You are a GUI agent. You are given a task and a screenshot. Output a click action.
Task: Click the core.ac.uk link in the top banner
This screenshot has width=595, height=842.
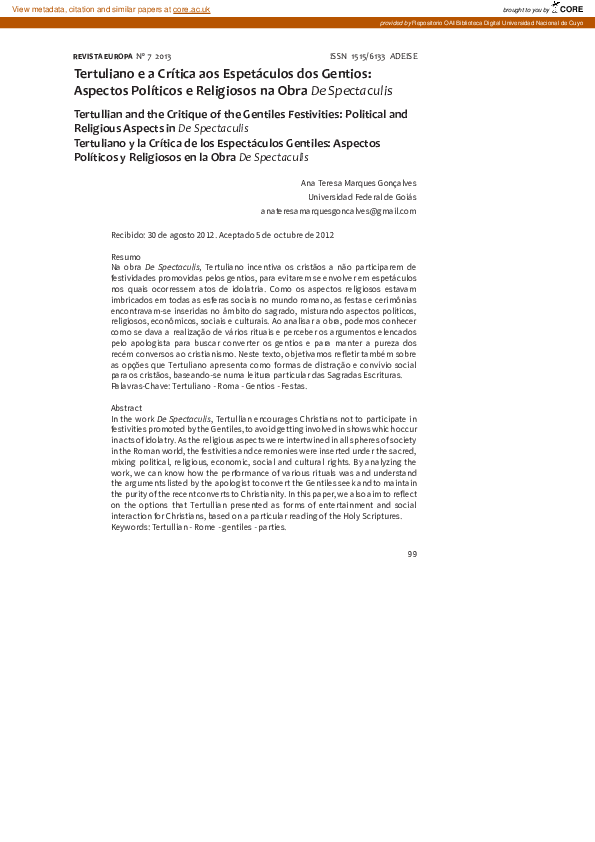[x=191, y=9]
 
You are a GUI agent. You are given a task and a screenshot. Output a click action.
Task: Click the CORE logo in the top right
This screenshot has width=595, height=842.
[x=568, y=8]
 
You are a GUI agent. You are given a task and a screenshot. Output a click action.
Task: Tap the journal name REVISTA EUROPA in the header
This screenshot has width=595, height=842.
[x=102, y=56]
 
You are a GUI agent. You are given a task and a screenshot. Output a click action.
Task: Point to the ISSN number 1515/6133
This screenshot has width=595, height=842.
[x=368, y=56]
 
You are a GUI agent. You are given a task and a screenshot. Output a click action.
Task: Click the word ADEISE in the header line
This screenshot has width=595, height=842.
[x=404, y=56]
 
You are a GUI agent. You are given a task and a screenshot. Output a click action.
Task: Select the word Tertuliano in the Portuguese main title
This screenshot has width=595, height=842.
[x=105, y=73]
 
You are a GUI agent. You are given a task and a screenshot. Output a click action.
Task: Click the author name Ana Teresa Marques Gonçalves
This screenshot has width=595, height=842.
[x=358, y=183]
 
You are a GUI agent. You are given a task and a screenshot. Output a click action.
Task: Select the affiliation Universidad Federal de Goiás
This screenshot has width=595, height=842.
[x=362, y=197]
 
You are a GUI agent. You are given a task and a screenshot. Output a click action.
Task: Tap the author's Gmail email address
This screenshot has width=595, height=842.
[x=338, y=211]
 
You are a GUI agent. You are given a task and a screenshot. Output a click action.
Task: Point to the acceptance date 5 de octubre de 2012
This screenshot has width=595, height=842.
[x=295, y=235]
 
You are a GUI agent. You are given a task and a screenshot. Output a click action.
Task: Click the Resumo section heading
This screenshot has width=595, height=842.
[x=126, y=258]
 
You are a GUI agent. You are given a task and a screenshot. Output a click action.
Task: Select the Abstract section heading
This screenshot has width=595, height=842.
[x=127, y=408]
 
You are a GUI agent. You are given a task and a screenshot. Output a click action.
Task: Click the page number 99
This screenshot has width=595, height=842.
[x=411, y=553]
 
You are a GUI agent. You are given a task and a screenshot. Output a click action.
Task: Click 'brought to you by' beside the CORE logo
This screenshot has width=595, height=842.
[x=525, y=10]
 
